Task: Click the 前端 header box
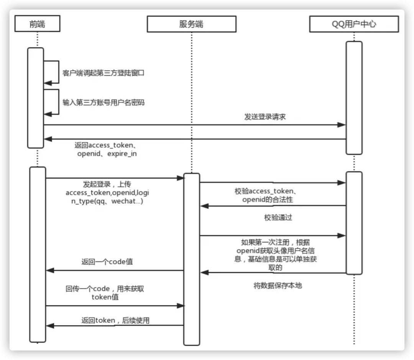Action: click(37, 24)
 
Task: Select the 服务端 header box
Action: click(191, 24)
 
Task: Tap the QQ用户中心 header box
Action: click(354, 24)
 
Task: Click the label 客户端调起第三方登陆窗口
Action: click(103, 73)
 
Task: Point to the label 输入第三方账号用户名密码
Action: click(103, 102)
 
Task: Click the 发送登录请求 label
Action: click(265, 117)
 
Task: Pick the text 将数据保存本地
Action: click(278, 285)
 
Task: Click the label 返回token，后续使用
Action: click(115, 320)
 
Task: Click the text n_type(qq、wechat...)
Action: click(104, 201)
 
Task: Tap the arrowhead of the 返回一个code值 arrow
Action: click(50, 271)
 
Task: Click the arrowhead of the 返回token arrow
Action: click(50, 325)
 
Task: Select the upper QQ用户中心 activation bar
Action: click(354, 97)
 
